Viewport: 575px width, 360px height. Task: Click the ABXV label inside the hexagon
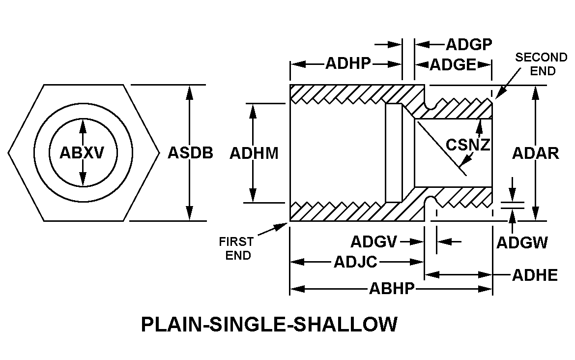(x=82, y=153)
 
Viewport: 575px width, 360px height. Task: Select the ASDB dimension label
(x=191, y=153)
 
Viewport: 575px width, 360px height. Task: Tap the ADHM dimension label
(x=254, y=153)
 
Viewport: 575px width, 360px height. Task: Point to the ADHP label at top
(x=347, y=64)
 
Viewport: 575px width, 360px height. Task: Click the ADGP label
(x=469, y=45)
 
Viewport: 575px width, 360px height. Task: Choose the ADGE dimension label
(x=453, y=65)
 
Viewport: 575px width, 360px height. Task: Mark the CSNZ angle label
(x=468, y=145)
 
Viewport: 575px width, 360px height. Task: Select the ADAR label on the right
(x=536, y=153)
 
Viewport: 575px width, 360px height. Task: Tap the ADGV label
(x=374, y=242)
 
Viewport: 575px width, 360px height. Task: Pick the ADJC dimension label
(x=355, y=262)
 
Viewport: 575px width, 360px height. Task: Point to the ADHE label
(x=535, y=275)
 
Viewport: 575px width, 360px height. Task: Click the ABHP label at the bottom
(x=392, y=289)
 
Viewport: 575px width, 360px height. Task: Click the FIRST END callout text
(x=237, y=248)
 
